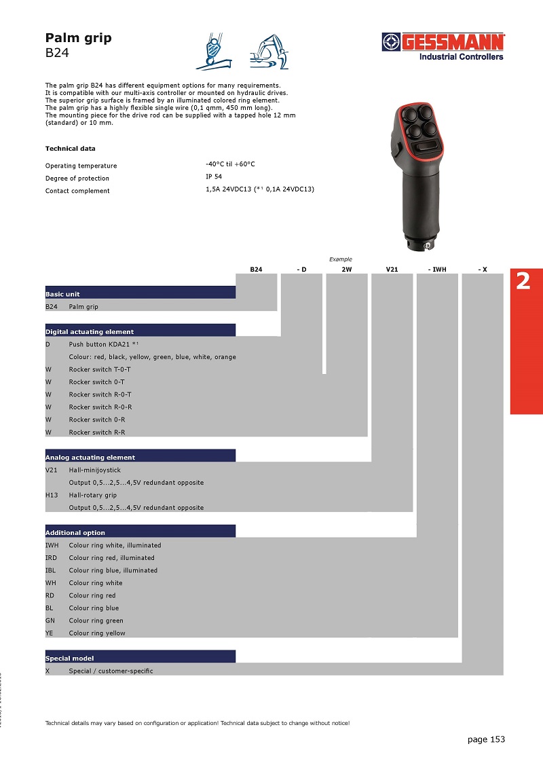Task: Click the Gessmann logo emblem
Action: [x=391, y=42]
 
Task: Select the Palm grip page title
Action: [x=78, y=38]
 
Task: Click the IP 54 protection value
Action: [x=213, y=177]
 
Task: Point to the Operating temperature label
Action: [x=81, y=166]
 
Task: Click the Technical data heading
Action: [x=70, y=149]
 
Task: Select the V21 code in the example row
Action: [x=392, y=270]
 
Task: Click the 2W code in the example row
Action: [x=347, y=270]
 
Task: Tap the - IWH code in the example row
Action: [x=437, y=270]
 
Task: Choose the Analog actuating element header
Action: [x=90, y=458]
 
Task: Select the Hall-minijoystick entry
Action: [x=94, y=470]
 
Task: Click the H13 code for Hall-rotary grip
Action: [x=52, y=496]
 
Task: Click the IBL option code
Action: [x=51, y=570]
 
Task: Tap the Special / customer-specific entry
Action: [x=111, y=671]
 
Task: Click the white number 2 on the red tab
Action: [x=523, y=281]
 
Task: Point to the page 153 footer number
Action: [x=486, y=739]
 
